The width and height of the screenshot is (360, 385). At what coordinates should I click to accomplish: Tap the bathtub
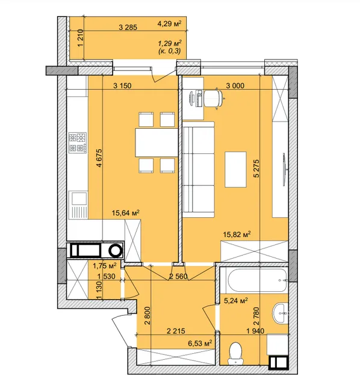click(257, 280)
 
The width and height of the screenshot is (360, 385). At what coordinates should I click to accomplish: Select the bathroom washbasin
click(280, 313)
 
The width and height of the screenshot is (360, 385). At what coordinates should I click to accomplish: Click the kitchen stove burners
click(78, 143)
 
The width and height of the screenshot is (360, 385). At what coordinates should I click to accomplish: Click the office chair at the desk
click(214, 98)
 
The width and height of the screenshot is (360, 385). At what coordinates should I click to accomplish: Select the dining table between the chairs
click(157, 143)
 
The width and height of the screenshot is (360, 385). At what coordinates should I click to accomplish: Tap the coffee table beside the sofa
click(235, 170)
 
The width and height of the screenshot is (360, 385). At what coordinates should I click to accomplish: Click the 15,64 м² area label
click(126, 212)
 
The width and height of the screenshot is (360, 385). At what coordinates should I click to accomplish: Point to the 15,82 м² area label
click(237, 234)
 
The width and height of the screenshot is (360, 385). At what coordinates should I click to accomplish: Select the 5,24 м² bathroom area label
click(235, 301)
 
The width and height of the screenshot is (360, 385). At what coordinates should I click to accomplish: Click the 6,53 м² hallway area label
click(200, 343)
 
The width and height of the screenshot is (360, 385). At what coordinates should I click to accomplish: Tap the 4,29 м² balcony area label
click(170, 24)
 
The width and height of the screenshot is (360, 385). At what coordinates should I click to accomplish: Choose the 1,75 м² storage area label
click(105, 266)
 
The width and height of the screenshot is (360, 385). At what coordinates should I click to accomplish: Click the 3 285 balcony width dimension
click(128, 27)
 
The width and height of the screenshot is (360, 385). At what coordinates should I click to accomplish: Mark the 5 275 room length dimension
click(256, 168)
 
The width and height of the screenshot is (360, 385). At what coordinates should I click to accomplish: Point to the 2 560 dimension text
click(178, 277)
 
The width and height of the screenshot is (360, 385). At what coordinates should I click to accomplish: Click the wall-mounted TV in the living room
click(284, 170)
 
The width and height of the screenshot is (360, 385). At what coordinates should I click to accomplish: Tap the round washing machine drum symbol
click(115, 250)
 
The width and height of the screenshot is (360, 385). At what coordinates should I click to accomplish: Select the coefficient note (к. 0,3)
click(170, 51)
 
